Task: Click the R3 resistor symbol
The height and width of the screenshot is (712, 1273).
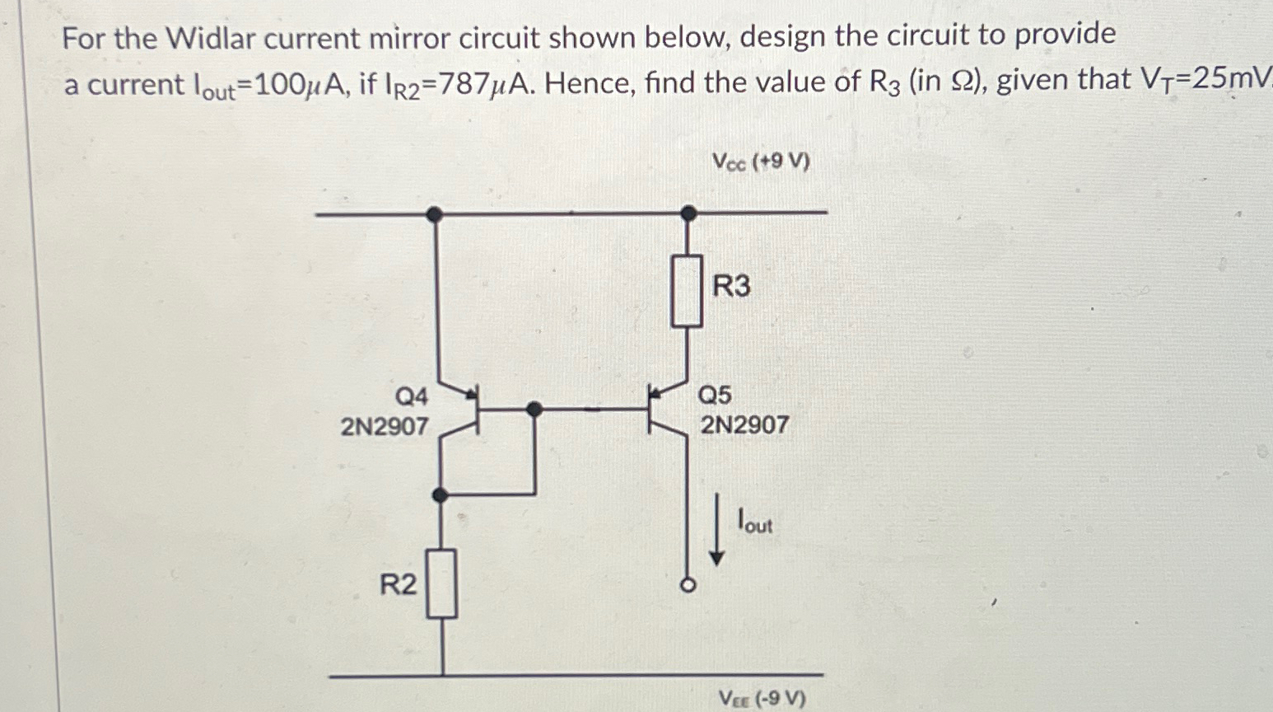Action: (687, 291)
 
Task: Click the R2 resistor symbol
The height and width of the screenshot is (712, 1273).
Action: (442, 584)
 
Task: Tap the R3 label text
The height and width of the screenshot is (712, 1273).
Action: (731, 287)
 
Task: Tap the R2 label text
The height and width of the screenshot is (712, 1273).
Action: (398, 585)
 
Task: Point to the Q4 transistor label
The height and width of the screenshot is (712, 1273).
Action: (412, 397)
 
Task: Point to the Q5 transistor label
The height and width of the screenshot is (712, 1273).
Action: (715, 396)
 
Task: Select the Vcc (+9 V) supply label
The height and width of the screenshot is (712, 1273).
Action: (760, 162)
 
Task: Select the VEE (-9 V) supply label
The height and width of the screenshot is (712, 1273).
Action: (762, 699)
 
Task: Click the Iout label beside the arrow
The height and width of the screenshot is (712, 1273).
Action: (755, 522)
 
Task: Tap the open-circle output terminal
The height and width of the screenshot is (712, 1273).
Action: (688, 585)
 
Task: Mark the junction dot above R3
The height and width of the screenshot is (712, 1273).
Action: (689, 213)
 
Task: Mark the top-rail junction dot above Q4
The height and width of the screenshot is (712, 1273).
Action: (435, 214)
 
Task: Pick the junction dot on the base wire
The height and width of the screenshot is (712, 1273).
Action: (534, 408)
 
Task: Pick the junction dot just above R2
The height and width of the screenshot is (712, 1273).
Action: (441, 494)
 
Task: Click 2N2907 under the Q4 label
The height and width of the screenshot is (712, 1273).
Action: (385, 426)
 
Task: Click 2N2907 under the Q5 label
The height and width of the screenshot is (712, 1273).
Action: (744, 425)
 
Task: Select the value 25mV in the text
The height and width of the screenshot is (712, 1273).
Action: (1227, 79)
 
